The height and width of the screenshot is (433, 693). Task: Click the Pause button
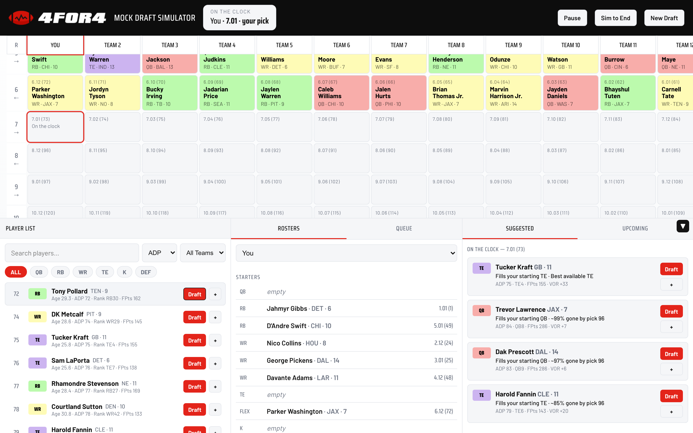tap(572, 18)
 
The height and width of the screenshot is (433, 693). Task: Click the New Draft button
tap(664, 18)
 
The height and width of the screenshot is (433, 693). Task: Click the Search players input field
tap(72, 253)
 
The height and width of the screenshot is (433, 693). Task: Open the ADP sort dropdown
tap(160, 253)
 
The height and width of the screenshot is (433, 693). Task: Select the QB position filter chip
tap(39, 272)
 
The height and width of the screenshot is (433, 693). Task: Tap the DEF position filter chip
tap(146, 272)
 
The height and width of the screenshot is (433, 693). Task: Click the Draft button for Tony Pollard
tap(194, 294)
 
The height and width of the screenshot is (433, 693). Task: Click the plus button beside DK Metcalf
tap(215, 317)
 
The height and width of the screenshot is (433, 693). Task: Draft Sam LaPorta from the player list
tap(194, 363)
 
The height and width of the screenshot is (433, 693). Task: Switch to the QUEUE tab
tap(404, 228)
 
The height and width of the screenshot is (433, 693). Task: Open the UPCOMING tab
tap(635, 228)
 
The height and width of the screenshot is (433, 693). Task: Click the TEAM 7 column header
tap(399, 45)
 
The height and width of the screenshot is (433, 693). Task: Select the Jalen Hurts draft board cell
tap(399, 93)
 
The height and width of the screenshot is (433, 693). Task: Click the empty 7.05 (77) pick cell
tap(284, 127)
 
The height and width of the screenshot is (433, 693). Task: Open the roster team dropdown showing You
tap(346, 253)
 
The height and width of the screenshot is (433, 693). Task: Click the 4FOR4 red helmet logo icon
tap(21, 18)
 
